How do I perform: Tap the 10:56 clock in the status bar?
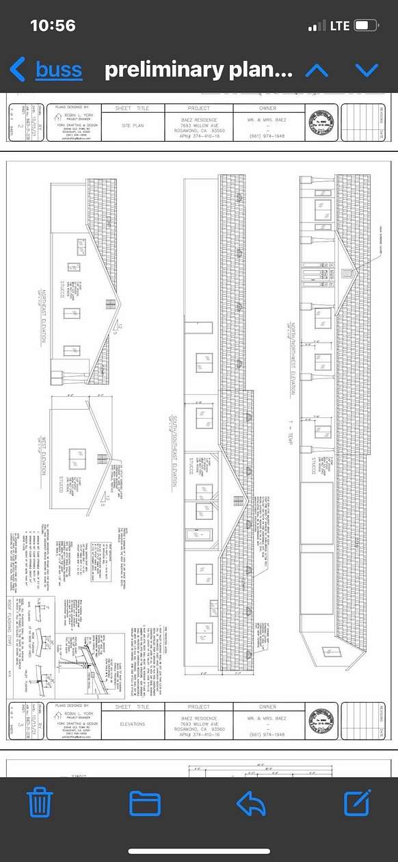[53, 26]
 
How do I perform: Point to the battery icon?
[367, 26]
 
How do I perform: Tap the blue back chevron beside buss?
[18, 69]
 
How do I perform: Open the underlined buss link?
[59, 69]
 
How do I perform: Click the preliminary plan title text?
[198, 69]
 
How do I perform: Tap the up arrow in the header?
[317, 69]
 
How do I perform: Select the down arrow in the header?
[367, 69]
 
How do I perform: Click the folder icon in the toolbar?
[145, 802]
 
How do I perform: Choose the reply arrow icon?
[251, 802]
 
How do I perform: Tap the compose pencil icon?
[357, 802]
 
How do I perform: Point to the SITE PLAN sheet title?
[132, 126]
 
